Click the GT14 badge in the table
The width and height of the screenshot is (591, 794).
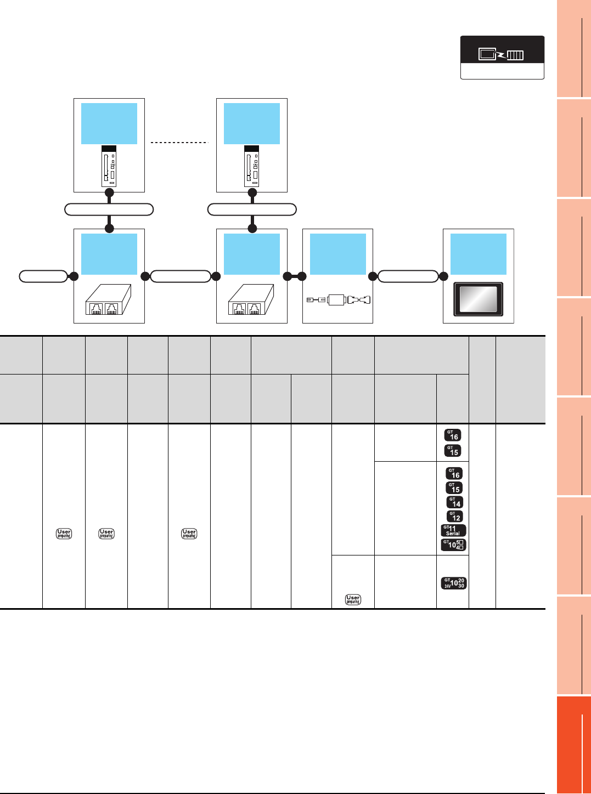[454, 502]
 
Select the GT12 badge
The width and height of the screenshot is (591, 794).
[454, 517]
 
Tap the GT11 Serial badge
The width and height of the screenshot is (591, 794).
[453, 530]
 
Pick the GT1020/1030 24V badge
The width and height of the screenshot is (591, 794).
[453, 583]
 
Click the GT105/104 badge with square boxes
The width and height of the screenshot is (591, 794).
[453, 545]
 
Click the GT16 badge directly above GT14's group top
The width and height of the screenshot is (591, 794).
[454, 473]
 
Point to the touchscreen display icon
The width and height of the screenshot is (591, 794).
[478, 299]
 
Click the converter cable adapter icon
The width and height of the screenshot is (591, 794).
[338, 300]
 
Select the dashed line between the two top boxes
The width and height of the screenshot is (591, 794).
[179, 143]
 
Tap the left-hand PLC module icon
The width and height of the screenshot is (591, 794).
[109, 166]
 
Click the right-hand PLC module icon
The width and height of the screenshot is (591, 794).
[252, 166]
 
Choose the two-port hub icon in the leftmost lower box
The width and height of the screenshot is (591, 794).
[108, 300]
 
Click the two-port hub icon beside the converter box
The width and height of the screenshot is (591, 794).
[251, 300]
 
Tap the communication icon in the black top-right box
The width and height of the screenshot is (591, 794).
[502, 54]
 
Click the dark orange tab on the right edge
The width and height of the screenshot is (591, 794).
[573, 744]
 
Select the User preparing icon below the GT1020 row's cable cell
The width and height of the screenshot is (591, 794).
[353, 599]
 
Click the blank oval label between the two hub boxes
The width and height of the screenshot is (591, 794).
[181, 276]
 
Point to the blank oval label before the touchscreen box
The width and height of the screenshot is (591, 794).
[408, 276]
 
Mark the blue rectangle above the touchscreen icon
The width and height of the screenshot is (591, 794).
[479, 254]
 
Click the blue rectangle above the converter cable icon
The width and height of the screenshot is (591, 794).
[338, 254]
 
